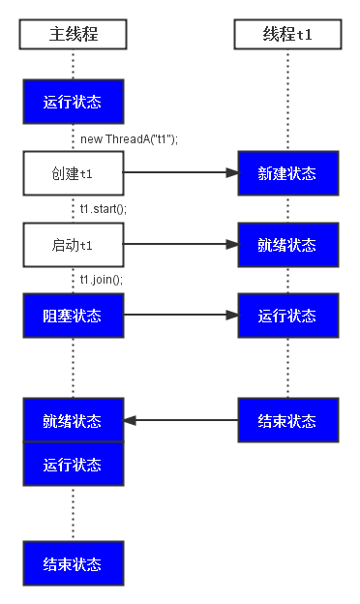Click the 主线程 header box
tap(74, 36)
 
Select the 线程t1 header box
tap(287, 36)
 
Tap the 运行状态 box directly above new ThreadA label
tap(74, 102)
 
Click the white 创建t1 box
tap(74, 173)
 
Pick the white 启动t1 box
tap(74, 245)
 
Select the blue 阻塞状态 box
tap(74, 316)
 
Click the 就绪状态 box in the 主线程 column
tap(74, 420)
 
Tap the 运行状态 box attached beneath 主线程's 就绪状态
tap(74, 464)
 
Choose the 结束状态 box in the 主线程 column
tap(74, 563)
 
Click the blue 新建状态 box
tap(287, 173)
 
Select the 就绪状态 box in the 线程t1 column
tap(287, 245)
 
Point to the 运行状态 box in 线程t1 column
tap(287, 316)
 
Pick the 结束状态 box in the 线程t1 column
tap(287, 420)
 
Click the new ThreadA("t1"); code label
tap(129, 138)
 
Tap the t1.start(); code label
tap(104, 208)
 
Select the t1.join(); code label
tap(102, 280)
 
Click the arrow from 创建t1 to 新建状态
tap(180, 173)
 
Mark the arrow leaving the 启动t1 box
tap(180, 245)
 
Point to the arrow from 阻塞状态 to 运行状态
tap(180, 316)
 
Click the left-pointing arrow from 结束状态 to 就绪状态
tap(180, 420)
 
